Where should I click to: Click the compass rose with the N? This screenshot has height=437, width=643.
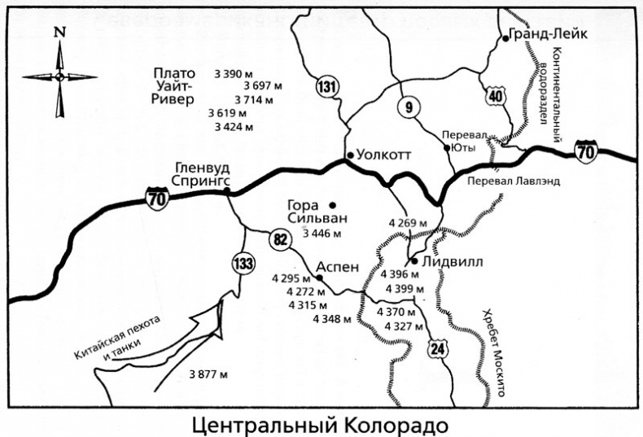click(x=59, y=75)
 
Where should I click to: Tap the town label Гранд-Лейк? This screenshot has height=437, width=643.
click(x=541, y=36)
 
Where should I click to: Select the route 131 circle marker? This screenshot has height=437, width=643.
click(x=328, y=86)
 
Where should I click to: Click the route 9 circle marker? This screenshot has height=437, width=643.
click(x=407, y=107)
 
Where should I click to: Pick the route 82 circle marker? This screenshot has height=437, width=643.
click(x=278, y=238)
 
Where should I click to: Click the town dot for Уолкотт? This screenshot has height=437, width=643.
click(x=348, y=155)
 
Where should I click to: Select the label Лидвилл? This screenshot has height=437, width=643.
click(x=448, y=262)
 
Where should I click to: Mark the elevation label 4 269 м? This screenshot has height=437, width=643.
click(x=409, y=223)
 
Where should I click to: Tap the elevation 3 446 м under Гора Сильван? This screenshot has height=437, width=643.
click(x=321, y=234)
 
